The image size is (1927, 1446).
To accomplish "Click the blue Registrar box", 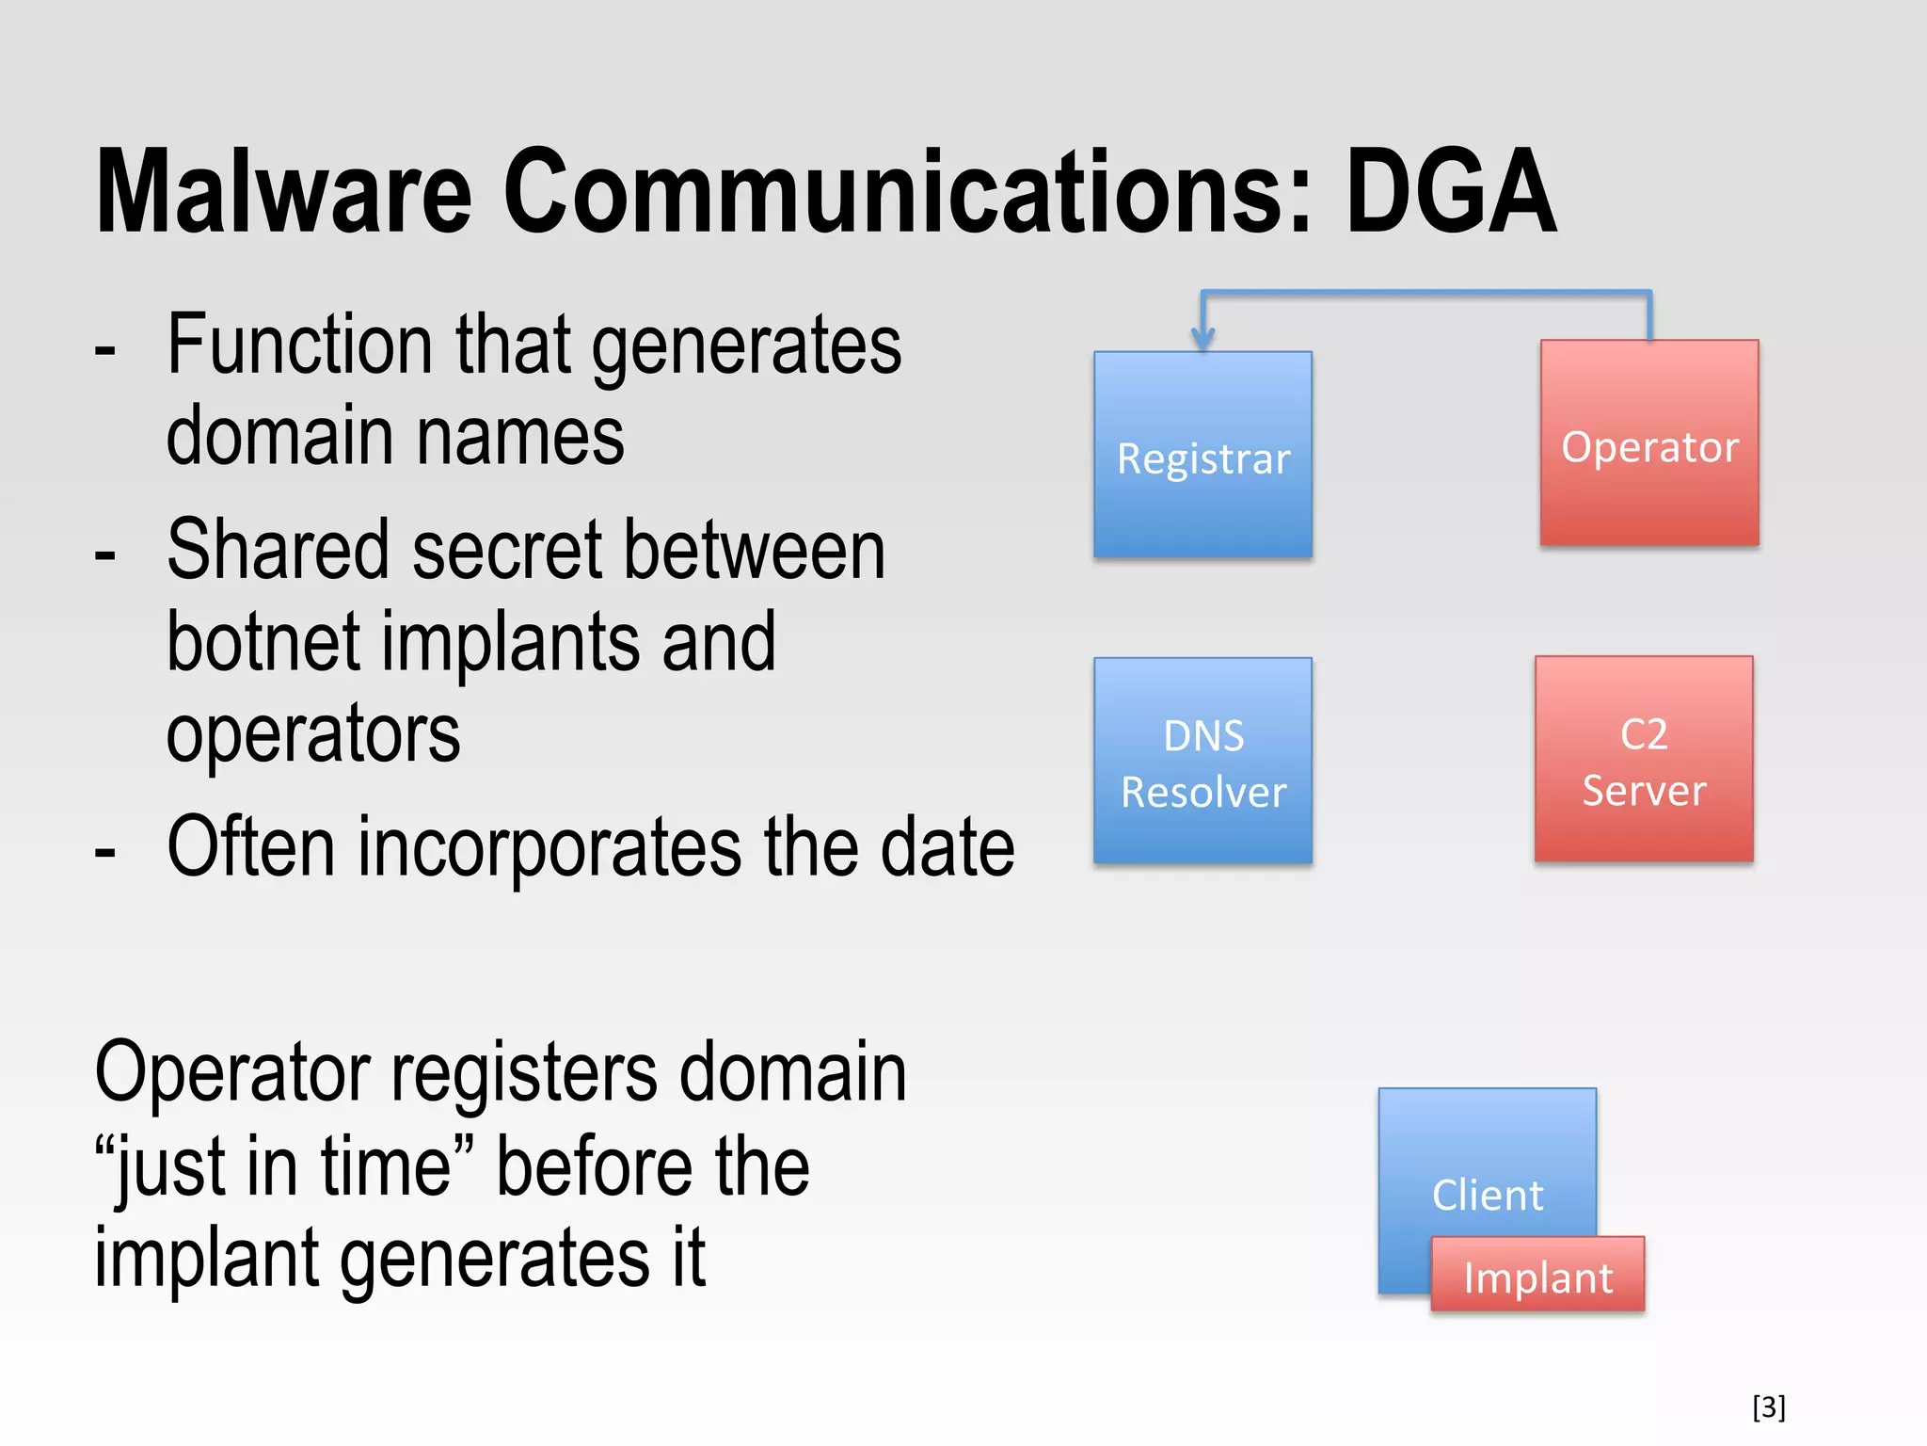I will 1202,456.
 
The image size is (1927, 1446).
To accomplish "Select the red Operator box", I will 1648,443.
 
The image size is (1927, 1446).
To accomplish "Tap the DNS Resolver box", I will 1202,761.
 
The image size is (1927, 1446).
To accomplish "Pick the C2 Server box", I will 1643,759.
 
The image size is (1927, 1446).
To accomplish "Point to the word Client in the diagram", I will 1487,1195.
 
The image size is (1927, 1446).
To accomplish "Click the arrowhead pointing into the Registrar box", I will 1202,339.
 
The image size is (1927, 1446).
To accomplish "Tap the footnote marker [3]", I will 1768,1406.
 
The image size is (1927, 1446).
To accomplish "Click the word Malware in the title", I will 282,193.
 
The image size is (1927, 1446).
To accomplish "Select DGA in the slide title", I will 1450,193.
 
